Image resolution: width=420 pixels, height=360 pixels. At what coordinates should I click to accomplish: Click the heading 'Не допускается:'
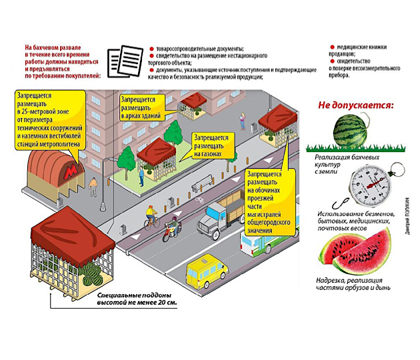[355, 105]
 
